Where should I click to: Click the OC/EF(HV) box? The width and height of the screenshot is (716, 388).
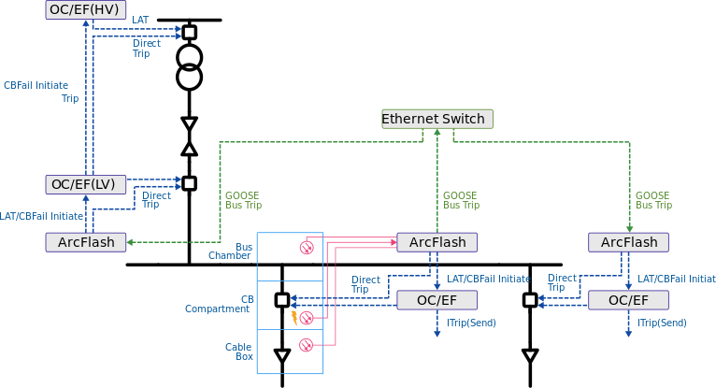[x=85, y=9]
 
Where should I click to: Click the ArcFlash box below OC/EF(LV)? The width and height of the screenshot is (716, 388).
[x=85, y=242]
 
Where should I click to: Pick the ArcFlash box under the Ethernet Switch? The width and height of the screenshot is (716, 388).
[x=437, y=242]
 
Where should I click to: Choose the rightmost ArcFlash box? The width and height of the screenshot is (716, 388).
[x=628, y=242]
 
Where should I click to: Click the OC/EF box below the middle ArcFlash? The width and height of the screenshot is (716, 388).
[x=437, y=300]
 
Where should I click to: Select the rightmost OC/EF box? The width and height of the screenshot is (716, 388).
[x=628, y=300]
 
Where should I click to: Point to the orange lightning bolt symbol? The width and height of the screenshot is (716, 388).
[x=294, y=317]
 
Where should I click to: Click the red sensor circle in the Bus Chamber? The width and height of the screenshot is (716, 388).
[x=306, y=247]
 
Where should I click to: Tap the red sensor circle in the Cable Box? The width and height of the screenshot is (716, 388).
[x=306, y=346]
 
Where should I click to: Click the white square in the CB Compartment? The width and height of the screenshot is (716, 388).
[x=282, y=300]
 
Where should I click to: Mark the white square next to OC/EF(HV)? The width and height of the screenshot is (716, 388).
[x=190, y=33]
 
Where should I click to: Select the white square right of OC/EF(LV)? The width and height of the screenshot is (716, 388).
[x=190, y=183]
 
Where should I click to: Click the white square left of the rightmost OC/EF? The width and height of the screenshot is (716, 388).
[x=530, y=300]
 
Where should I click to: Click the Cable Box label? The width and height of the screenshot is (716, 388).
[x=238, y=352]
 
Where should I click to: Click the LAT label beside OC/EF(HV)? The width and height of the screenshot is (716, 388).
[x=140, y=19]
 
